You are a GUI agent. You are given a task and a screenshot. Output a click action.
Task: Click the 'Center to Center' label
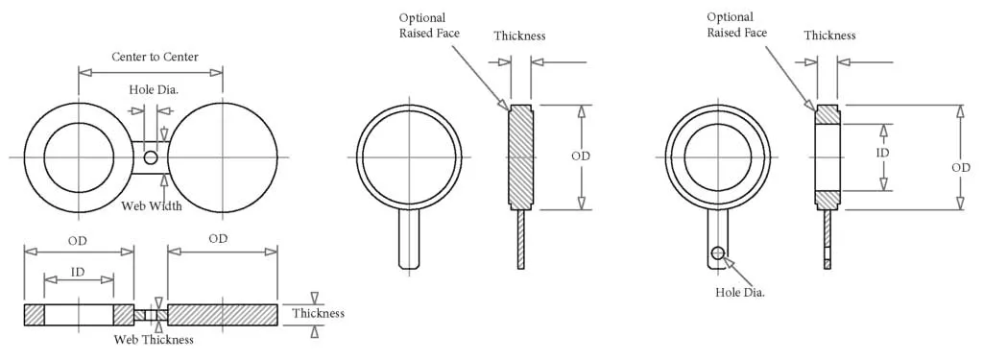155,57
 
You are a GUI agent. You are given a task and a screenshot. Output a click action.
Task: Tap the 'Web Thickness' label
154,340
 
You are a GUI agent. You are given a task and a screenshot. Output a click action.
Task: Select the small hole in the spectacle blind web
151,157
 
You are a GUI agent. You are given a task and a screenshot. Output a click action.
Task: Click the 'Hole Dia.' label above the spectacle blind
154,89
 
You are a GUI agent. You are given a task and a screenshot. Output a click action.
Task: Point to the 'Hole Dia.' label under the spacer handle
740,292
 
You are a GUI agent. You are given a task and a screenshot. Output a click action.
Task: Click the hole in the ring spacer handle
716,253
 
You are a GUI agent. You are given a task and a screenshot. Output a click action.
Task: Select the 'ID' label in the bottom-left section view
79,272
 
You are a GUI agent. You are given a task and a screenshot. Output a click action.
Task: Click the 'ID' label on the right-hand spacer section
883,153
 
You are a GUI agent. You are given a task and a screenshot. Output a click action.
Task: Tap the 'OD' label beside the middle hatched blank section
580,156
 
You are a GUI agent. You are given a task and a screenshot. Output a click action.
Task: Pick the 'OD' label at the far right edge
961,168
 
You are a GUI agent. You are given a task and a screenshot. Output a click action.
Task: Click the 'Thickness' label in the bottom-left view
318,314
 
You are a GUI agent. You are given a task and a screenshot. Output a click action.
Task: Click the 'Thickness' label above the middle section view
519,36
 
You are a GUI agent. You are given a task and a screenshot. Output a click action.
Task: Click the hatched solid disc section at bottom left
223,315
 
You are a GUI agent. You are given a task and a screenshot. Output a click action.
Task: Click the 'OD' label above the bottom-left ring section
79,239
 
